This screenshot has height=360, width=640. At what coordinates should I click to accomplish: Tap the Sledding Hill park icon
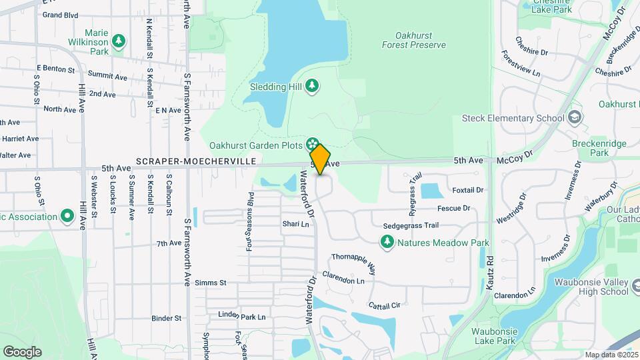coord(312,87)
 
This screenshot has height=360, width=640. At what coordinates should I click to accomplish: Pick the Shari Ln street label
coord(296,224)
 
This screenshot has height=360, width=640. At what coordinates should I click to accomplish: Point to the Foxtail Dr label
coord(467,190)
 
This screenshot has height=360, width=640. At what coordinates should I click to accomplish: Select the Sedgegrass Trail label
coord(411,226)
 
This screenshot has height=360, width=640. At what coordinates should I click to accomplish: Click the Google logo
coord(22,352)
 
